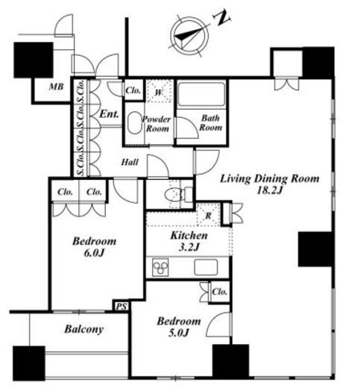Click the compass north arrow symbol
(191, 36)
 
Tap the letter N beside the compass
(221, 18)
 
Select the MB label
(57, 87)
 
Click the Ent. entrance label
(109, 114)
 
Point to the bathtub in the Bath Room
(201, 94)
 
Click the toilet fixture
(178, 194)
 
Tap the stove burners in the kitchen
(160, 267)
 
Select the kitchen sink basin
(206, 267)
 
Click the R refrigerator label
(208, 216)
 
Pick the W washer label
(159, 93)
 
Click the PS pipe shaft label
(121, 307)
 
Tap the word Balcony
(84, 329)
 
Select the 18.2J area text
(270, 191)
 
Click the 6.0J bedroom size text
(95, 253)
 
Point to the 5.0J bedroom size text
(179, 333)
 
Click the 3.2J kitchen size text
(189, 247)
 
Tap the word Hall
(130, 162)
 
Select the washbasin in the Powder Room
(134, 123)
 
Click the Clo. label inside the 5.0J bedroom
(220, 292)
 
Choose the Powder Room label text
(157, 124)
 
